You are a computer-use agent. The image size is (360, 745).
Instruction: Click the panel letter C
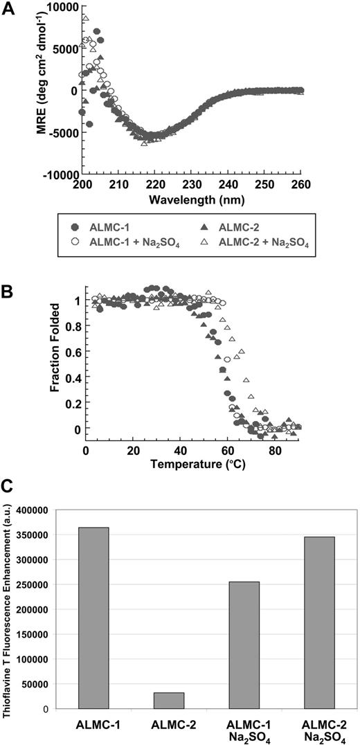(8, 485)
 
